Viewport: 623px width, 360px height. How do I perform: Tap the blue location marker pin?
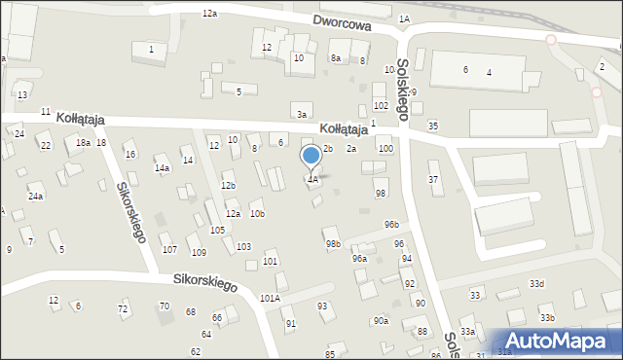tap(311, 156)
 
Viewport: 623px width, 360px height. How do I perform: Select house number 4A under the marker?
tap(312, 179)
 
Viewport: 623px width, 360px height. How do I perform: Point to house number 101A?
tap(270, 298)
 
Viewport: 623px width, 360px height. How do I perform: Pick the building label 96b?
tap(391, 225)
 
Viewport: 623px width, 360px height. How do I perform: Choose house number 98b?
tap(333, 243)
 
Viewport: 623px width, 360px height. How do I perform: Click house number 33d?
tap(536, 283)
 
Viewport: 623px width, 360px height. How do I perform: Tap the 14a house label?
tap(163, 167)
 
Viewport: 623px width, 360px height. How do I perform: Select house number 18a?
tap(84, 143)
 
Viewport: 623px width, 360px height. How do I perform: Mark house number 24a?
tap(35, 196)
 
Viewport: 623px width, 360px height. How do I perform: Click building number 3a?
tap(303, 115)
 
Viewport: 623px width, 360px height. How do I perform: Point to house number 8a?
tap(336, 58)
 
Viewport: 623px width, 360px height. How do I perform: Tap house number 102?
tap(381, 105)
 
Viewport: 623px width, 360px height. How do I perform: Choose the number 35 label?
tap(433, 126)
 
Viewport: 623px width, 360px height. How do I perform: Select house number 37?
tap(434, 179)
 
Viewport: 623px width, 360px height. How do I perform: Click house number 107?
tap(169, 250)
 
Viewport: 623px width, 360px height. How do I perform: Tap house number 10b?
tap(257, 213)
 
